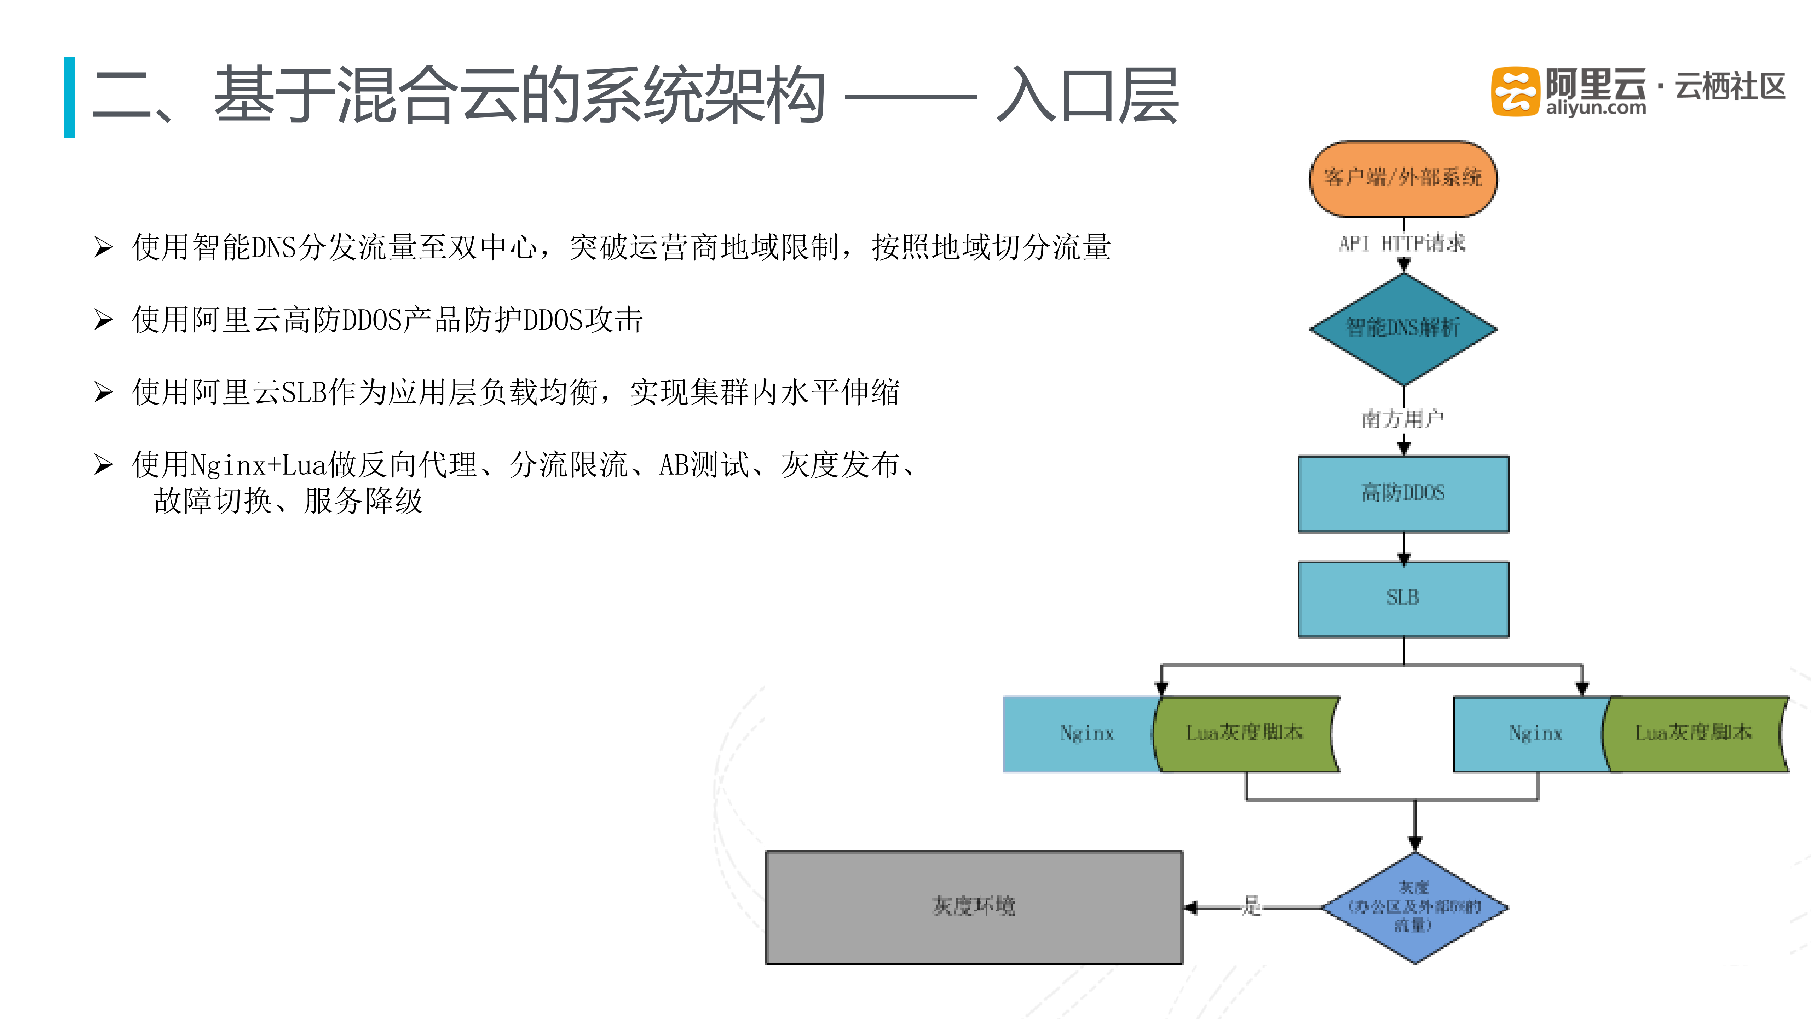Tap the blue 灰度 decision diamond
coord(1414,907)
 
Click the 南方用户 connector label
coord(1402,419)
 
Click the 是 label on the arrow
coord(1251,906)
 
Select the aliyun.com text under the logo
coord(1596,108)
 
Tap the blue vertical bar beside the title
coord(70,98)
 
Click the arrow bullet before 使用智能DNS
coord(103,247)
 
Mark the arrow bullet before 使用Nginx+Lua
coord(103,465)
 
